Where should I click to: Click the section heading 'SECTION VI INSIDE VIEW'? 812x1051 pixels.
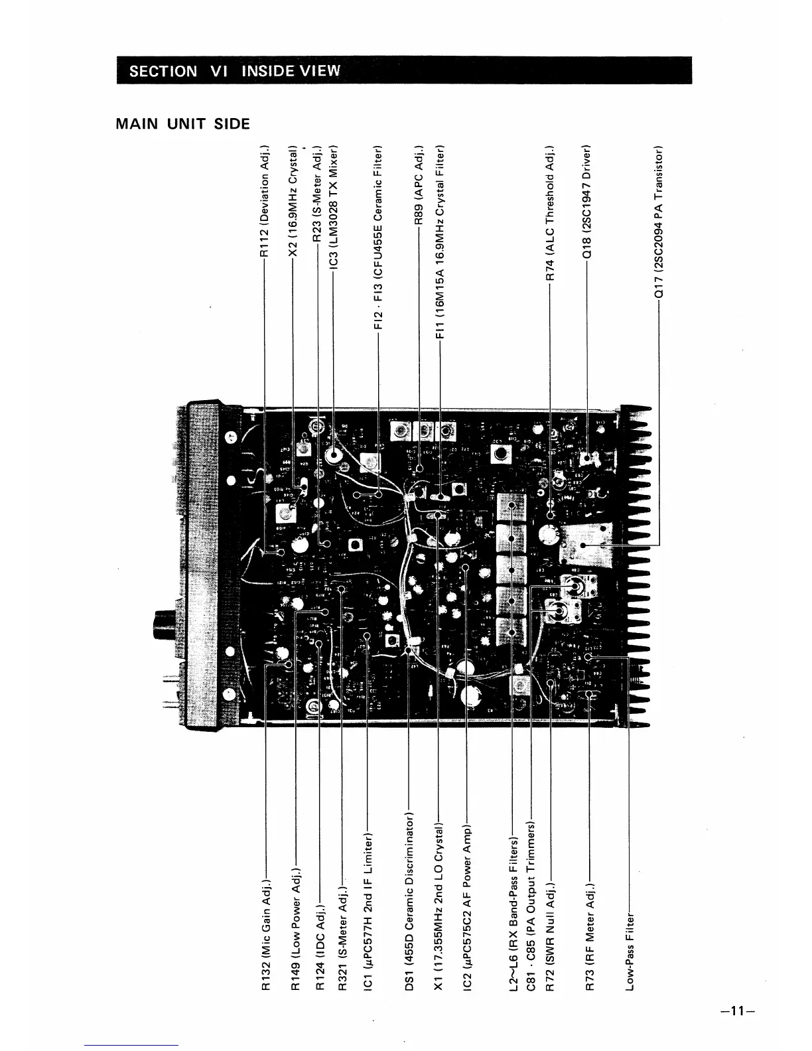pos(234,71)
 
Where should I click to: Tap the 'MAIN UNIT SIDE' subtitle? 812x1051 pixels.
pos(183,124)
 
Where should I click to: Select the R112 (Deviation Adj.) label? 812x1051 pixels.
pos(265,202)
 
